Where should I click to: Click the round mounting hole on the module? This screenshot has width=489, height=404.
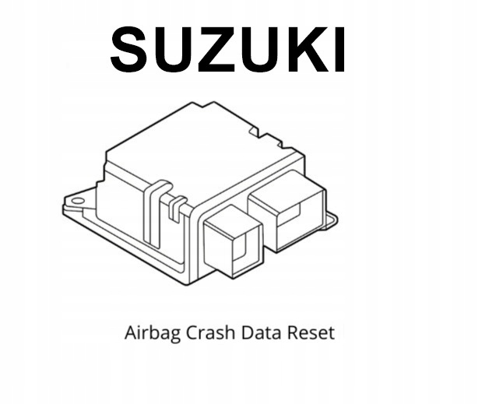click(x=76, y=201)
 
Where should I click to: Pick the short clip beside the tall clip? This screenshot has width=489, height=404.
click(x=176, y=207)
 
